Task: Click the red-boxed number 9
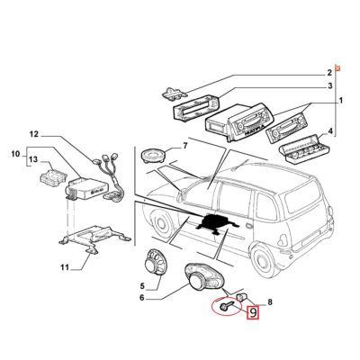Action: [253, 313]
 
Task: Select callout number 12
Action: [34, 135]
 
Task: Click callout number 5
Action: [142, 286]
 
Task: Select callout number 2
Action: [329, 72]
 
